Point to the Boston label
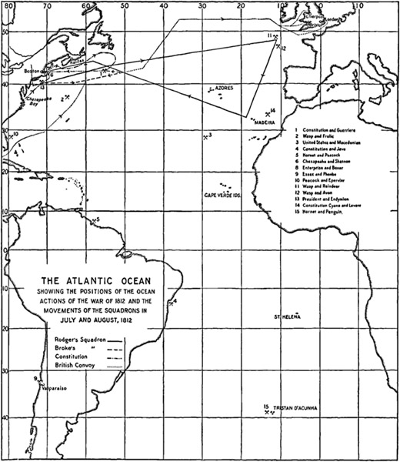32,70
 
